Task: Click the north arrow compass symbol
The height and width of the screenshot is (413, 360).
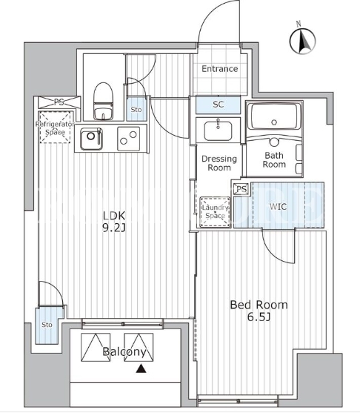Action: coord(302,42)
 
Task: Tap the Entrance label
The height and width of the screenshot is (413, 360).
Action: coord(220,69)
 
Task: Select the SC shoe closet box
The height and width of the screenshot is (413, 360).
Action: coord(219,105)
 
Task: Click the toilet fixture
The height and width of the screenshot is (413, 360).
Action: coord(104,101)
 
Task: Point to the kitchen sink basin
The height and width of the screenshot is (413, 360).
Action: coord(91,139)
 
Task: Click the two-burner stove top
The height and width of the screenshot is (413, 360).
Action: coord(128,139)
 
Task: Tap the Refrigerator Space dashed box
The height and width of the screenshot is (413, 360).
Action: coord(56,128)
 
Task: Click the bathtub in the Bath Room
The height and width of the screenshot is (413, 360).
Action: coord(274,116)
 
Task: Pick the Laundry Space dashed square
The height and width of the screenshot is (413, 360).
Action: coord(215,212)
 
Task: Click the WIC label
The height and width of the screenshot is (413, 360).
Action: coord(278,206)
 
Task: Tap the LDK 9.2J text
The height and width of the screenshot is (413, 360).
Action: coord(113,222)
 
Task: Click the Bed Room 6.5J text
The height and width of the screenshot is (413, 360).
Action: coord(259,311)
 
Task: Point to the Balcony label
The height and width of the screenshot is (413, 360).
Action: coord(124,352)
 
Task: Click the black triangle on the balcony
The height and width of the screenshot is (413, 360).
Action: coord(141,369)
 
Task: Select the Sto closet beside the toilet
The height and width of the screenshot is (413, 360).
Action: coord(136,109)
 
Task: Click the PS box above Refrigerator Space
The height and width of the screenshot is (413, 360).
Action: coord(59,102)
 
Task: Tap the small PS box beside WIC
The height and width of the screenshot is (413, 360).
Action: coord(241,189)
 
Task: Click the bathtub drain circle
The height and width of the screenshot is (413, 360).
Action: coord(274,122)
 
